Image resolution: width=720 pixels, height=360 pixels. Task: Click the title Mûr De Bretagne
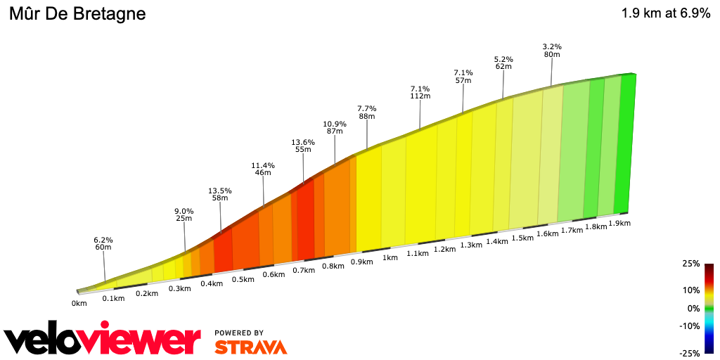pyautogui.click(x=77, y=14)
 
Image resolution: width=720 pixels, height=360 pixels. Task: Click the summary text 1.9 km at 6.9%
pyautogui.click(x=665, y=13)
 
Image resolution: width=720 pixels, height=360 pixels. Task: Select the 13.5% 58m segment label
pyautogui.click(x=221, y=195)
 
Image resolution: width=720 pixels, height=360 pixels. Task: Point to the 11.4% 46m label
pyautogui.click(x=263, y=169)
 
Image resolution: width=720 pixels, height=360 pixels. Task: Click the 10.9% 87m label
pyautogui.click(x=335, y=128)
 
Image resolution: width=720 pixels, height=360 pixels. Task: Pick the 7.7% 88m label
pyautogui.click(x=366, y=112)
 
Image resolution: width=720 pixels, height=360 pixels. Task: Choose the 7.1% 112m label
pyautogui.click(x=420, y=93)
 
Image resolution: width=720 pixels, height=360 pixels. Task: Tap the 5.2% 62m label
pyautogui.click(x=503, y=63)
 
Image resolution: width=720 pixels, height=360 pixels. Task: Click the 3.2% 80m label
pyautogui.click(x=552, y=51)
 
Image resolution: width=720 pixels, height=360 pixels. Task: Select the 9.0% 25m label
pyautogui.click(x=184, y=214)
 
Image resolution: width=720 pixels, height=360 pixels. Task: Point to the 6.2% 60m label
pyautogui.click(x=103, y=243)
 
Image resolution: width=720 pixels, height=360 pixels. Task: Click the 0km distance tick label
pyautogui.click(x=79, y=304)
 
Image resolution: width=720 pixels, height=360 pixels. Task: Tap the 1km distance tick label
pyautogui.click(x=390, y=258)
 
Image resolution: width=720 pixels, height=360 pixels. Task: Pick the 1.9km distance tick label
pyautogui.click(x=619, y=224)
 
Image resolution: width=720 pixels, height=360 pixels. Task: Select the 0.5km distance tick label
pyautogui.click(x=243, y=279)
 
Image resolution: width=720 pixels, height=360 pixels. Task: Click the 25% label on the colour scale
pyautogui.click(x=690, y=264)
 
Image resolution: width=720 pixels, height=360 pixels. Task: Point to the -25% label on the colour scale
pyautogui.click(x=689, y=353)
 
